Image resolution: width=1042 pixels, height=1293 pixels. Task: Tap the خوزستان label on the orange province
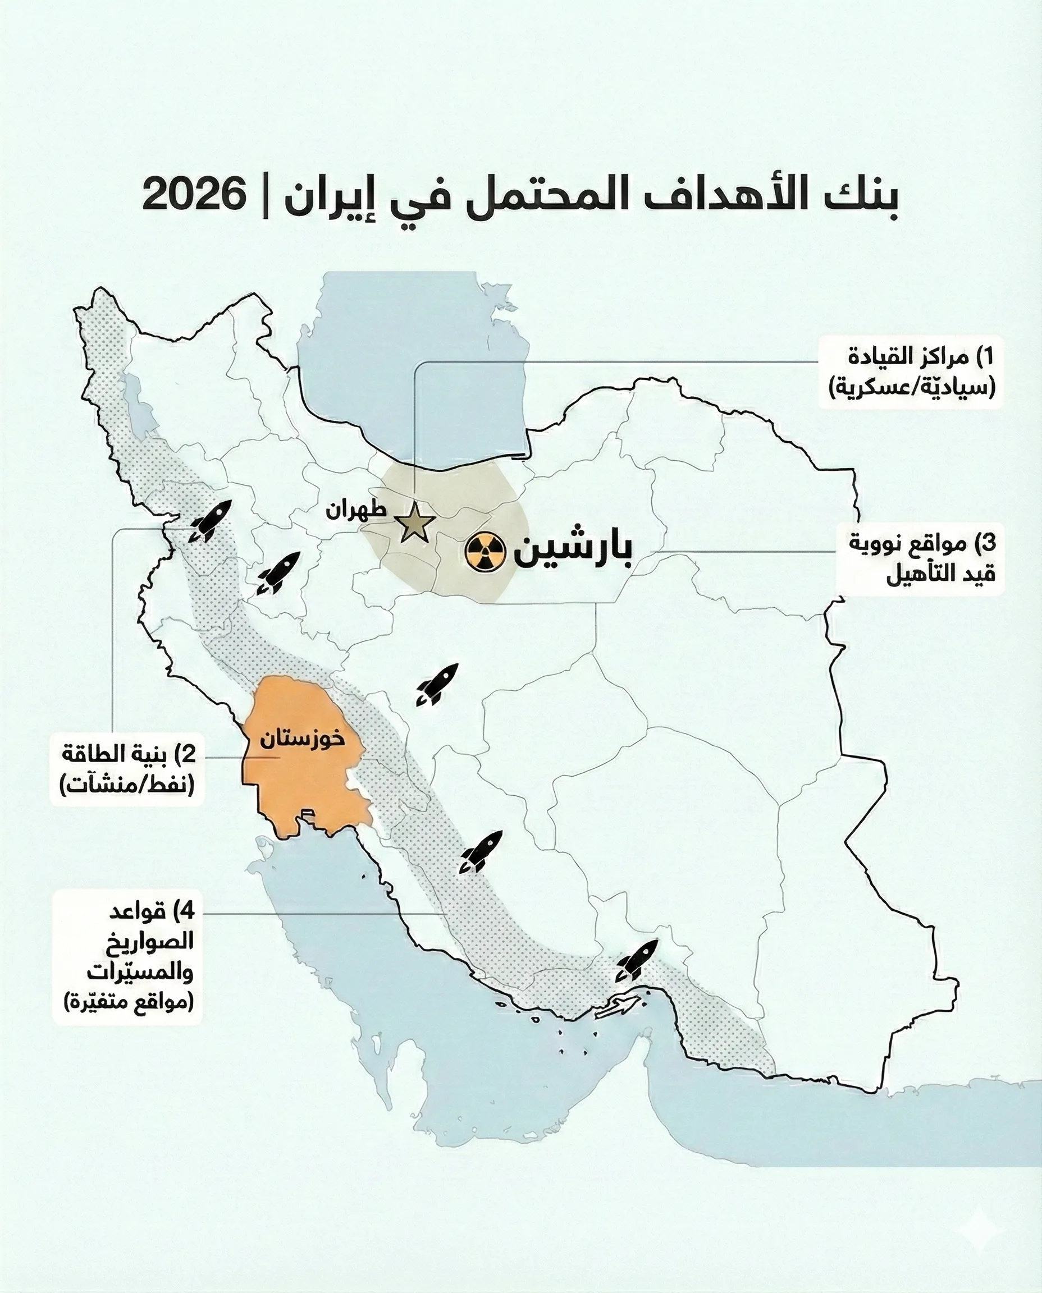point(303,739)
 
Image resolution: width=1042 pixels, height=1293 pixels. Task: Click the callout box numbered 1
point(911,372)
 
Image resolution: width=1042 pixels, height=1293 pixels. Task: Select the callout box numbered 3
point(922,558)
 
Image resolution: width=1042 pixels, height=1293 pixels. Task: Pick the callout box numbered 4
point(128,956)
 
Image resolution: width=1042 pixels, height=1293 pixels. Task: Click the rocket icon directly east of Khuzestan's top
point(437,684)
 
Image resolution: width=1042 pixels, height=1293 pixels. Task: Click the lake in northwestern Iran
point(141,408)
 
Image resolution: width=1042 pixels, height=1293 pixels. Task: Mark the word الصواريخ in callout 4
point(150,941)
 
